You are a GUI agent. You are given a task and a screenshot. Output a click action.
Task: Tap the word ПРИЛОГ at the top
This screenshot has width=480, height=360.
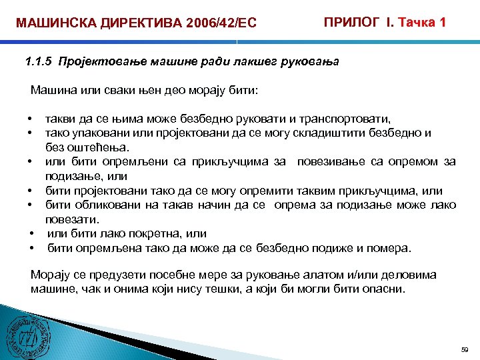tap(354, 22)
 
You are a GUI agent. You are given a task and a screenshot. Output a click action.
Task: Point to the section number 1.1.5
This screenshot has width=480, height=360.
tap(37, 63)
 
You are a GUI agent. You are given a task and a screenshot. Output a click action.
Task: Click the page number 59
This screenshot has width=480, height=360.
tap(464, 349)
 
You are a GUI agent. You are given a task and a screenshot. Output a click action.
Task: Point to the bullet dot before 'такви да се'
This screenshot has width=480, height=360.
tap(31, 119)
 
